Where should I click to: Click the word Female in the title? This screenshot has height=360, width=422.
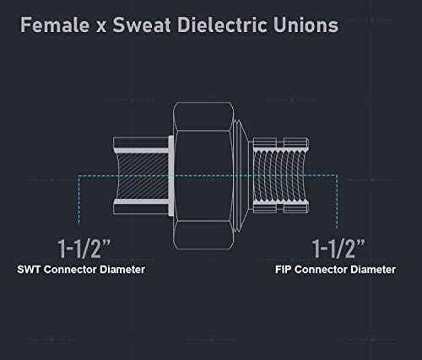click(x=55, y=25)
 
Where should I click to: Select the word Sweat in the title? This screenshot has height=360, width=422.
click(x=142, y=25)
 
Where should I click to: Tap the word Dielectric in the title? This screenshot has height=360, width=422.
click(x=223, y=25)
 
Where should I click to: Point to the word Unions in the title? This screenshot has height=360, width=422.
click(x=306, y=25)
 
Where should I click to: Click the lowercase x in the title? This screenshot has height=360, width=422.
click(x=101, y=27)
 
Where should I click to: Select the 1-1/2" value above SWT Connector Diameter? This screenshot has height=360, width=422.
click(x=84, y=249)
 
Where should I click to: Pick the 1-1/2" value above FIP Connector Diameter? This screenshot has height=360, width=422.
click(x=338, y=249)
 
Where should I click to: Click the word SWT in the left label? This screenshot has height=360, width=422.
click(x=29, y=270)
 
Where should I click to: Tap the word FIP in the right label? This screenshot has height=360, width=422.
click(x=284, y=270)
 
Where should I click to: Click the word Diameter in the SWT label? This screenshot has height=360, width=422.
click(x=122, y=270)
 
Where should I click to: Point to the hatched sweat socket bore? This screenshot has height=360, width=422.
click(x=143, y=176)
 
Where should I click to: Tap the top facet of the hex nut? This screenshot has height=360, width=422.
click(x=203, y=116)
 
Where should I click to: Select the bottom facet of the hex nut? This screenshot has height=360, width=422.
click(x=203, y=235)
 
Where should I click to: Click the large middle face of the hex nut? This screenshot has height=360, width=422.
click(x=203, y=175)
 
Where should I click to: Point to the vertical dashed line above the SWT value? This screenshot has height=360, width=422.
click(x=78, y=200)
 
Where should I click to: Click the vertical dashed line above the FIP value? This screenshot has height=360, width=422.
click(x=337, y=201)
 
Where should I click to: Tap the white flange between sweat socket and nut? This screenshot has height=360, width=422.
click(x=171, y=176)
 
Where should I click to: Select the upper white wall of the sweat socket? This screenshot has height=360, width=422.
click(x=142, y=151)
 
